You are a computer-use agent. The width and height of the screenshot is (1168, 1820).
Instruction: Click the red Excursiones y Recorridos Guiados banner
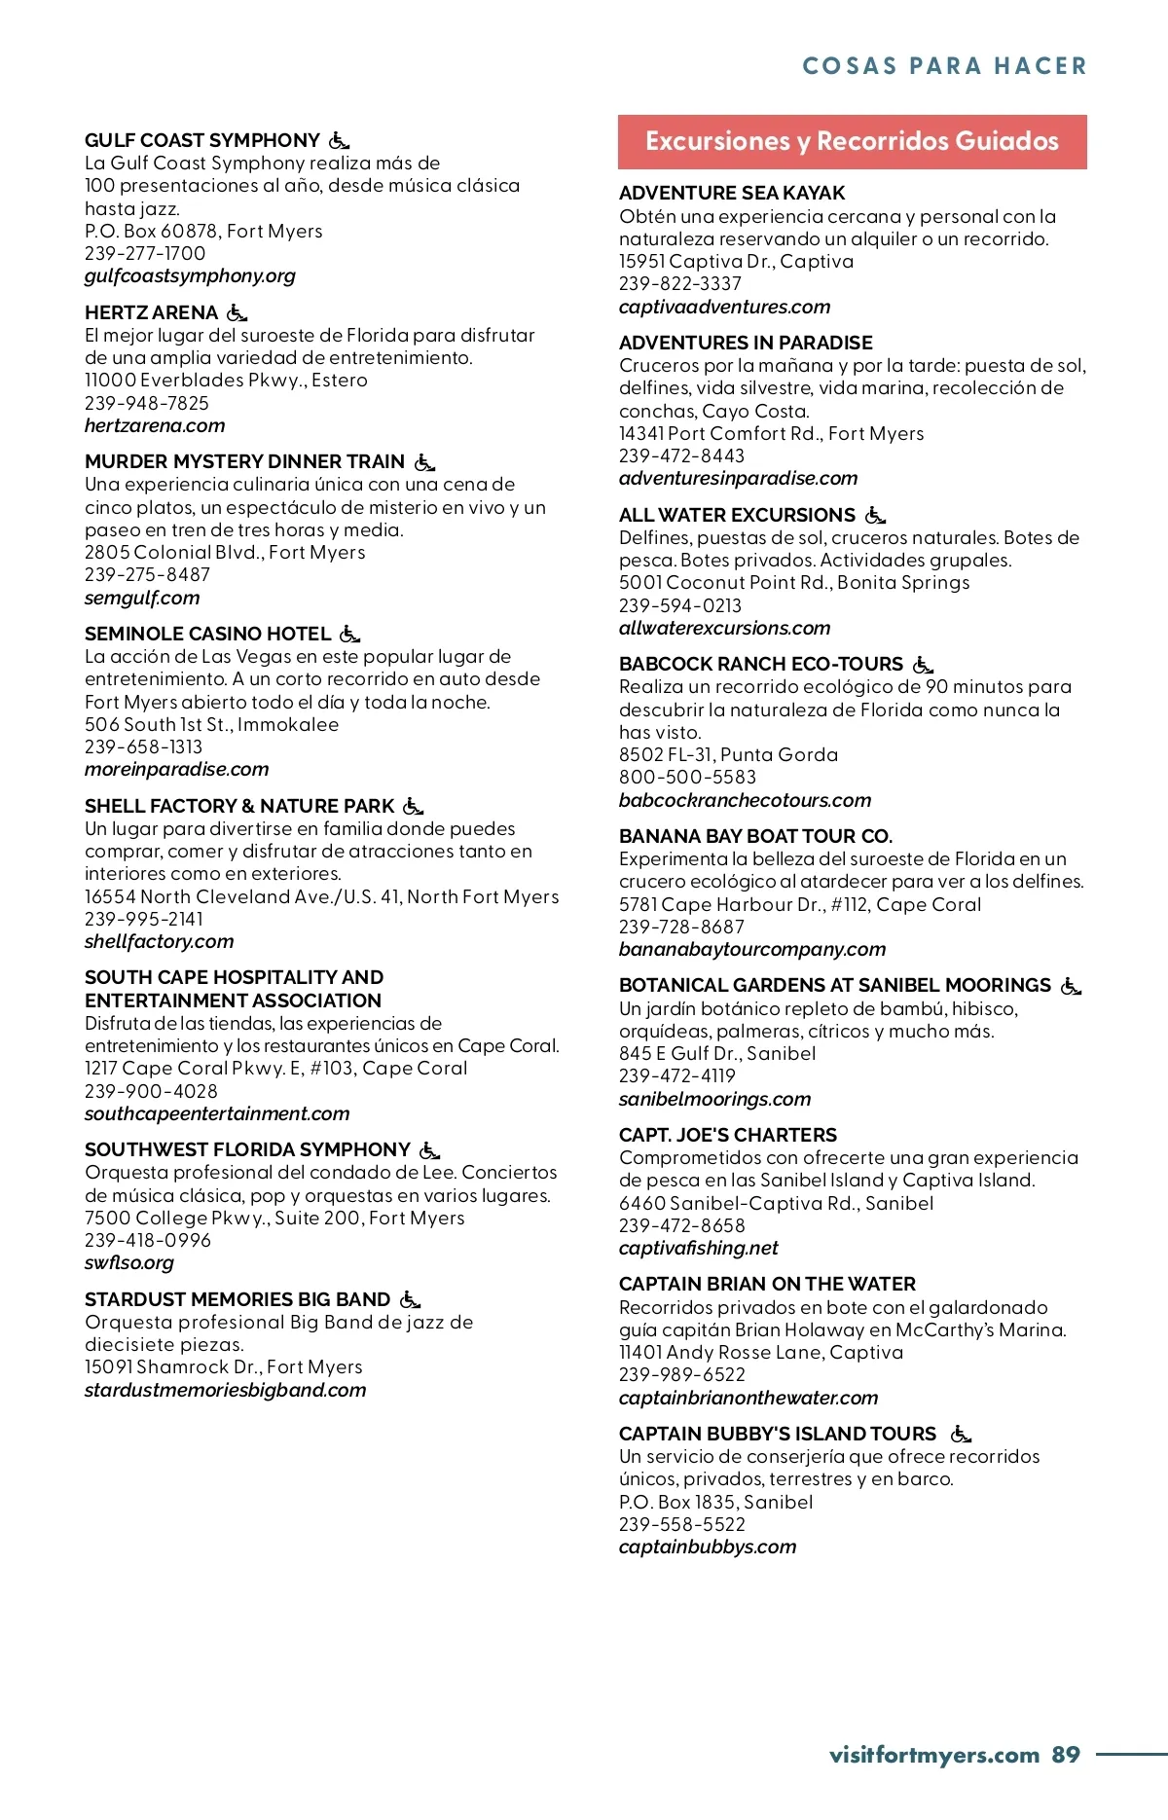click(852, 142)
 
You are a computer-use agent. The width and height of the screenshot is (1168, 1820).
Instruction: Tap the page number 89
click(1066, 1755)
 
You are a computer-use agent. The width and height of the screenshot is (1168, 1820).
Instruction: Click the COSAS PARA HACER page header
click(944, 66)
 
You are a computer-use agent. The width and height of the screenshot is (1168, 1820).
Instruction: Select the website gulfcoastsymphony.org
click(190, 276)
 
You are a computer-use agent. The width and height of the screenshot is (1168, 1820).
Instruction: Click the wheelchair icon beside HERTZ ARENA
click(237, 312)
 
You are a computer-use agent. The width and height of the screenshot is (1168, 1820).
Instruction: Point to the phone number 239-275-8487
click(147, 575)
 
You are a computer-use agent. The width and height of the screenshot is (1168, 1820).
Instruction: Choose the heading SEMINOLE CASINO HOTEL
click(207, 634)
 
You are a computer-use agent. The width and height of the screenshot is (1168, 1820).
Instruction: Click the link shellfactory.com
click(159, 942)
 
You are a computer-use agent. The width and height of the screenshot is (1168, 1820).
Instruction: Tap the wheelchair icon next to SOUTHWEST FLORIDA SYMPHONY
click(429, 1149)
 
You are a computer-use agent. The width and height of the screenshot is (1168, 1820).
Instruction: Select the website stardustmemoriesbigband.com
click(225, 1390)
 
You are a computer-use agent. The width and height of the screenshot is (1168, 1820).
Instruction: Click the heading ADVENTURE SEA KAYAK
click(732, 194)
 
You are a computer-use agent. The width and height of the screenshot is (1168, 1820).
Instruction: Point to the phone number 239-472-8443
click(681, 455)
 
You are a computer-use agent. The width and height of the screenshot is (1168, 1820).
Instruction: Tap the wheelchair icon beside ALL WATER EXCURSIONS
click(875, 515)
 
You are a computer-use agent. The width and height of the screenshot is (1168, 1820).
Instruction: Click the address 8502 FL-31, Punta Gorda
click(728, 755)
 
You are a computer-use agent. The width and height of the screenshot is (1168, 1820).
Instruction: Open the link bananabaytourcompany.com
click(752, 950)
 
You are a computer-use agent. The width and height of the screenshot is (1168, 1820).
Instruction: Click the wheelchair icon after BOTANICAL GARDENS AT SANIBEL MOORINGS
click(1071, 986)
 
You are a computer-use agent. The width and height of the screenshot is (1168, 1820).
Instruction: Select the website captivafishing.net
click(698, 1249)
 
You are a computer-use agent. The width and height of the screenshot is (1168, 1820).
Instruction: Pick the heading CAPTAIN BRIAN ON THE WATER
click(767, 1285)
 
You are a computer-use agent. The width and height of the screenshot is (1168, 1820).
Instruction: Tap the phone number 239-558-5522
click(681, 1525)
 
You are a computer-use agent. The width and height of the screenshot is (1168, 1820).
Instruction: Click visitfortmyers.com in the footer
click(934, 1755)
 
